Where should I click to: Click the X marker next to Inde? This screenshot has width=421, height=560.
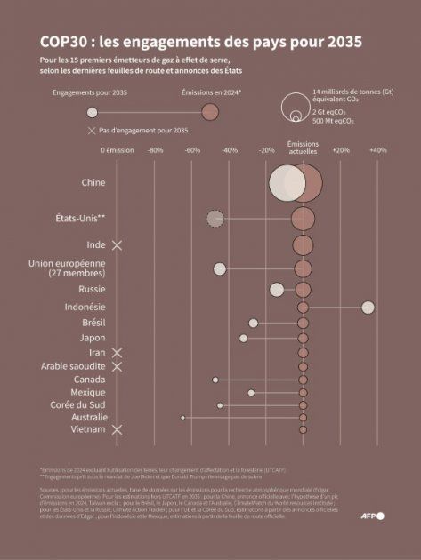coord(117,244)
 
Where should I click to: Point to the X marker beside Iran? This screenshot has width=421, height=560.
coord(117,353)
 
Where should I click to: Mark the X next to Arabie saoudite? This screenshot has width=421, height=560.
coord(117,366)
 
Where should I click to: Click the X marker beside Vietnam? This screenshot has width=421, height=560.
coord(117,430)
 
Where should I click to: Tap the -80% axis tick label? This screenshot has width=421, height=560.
coord(155,150)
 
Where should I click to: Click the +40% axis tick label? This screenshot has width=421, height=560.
coord(377,150)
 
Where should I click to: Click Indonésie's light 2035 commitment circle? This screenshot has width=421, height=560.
coord(368,307)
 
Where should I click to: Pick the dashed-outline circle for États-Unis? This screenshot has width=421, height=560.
coord(215,218)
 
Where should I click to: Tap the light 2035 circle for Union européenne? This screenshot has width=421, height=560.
coord(219,268)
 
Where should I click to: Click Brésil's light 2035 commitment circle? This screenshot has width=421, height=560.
coord(254,323)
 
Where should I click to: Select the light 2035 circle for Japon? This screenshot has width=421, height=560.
coord(243,339)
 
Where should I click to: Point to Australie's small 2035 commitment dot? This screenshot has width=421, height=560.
coord(182,417)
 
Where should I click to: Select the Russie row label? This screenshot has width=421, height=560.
coord(93,290)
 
